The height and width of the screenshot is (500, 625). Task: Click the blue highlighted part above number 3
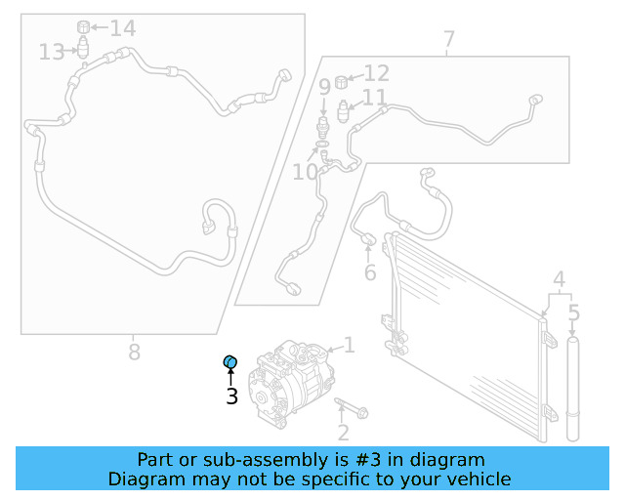coord(231,363)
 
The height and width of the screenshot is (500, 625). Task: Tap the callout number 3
coord(231,396)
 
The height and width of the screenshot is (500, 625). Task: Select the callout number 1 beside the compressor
coord(349,346)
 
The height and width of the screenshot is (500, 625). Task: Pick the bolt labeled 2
coord(351,407)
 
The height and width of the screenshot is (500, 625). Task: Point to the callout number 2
coord(343,433)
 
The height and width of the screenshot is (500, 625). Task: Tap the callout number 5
coord(574,314)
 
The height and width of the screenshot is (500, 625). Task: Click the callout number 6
coord(370,272)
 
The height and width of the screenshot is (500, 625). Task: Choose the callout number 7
coord(448,41)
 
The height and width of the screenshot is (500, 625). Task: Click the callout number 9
coord(324,88)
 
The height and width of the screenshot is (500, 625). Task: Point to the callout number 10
coord(305,173)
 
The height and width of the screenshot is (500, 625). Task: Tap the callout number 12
coord(377,73)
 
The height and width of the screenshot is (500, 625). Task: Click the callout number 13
coord(52,51)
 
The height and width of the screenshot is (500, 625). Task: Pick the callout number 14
coord(122,28)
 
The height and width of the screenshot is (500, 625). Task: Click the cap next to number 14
coord(84,25)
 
